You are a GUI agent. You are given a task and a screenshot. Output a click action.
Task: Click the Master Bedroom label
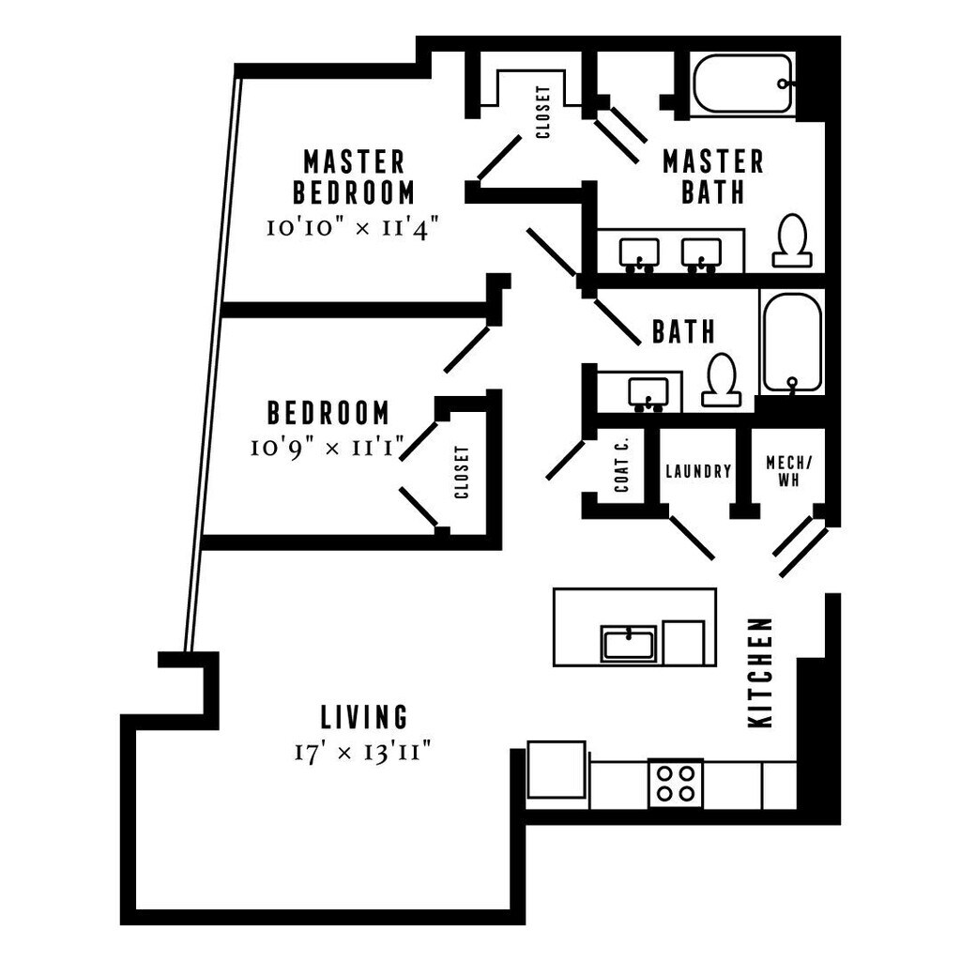click(353, 176)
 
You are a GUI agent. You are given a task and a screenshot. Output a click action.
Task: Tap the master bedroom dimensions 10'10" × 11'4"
click(353, 228)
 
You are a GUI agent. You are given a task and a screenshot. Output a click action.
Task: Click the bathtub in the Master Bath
click(742, 84)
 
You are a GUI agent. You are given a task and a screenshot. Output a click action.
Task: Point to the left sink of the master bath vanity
click(639, 253)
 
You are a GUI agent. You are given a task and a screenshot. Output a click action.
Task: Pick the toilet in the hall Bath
click(722, 379)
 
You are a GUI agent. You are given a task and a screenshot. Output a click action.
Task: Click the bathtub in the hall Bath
click(791, 342)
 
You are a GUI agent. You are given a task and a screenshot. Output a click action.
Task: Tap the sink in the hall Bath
click(648, 392)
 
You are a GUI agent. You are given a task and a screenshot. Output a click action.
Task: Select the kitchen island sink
click(628, 644)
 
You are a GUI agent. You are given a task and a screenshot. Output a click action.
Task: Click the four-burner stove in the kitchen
click(676, 783)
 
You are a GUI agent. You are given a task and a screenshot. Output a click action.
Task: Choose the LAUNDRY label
click(697, 471)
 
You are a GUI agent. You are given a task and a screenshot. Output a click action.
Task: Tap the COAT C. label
click(621, 467)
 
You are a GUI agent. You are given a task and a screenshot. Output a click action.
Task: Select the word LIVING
click(365, 718)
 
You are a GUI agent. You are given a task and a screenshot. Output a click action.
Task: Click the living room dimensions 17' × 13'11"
click(365, 753)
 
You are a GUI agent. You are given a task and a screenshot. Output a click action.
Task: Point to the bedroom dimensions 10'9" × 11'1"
click(326, 449)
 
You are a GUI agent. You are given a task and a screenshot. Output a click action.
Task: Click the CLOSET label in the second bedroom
click(461, 472)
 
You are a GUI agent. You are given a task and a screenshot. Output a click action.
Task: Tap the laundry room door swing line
click(692, 537)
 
